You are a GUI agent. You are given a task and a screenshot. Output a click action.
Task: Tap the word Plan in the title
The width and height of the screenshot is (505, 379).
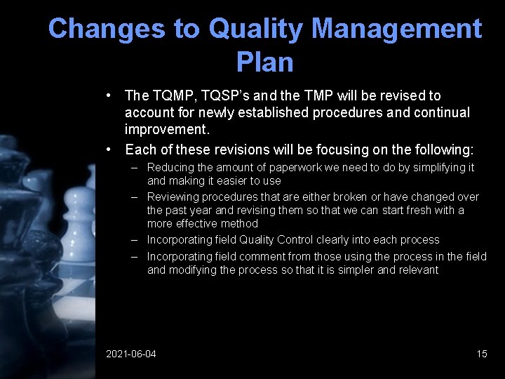[x=264, y=62]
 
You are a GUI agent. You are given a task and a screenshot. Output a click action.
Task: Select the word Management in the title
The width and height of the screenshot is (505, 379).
[x=396, y=29]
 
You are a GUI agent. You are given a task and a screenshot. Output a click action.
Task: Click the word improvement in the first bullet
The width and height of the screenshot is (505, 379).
[x=168, y=129]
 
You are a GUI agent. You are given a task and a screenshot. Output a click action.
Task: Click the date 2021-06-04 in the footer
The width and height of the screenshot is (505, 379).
[x=131, y=354]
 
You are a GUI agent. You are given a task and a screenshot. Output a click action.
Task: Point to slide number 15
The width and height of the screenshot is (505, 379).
[x=481, y=354]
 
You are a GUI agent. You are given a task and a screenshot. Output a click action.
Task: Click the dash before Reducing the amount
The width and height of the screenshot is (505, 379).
[x=133, y=168]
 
